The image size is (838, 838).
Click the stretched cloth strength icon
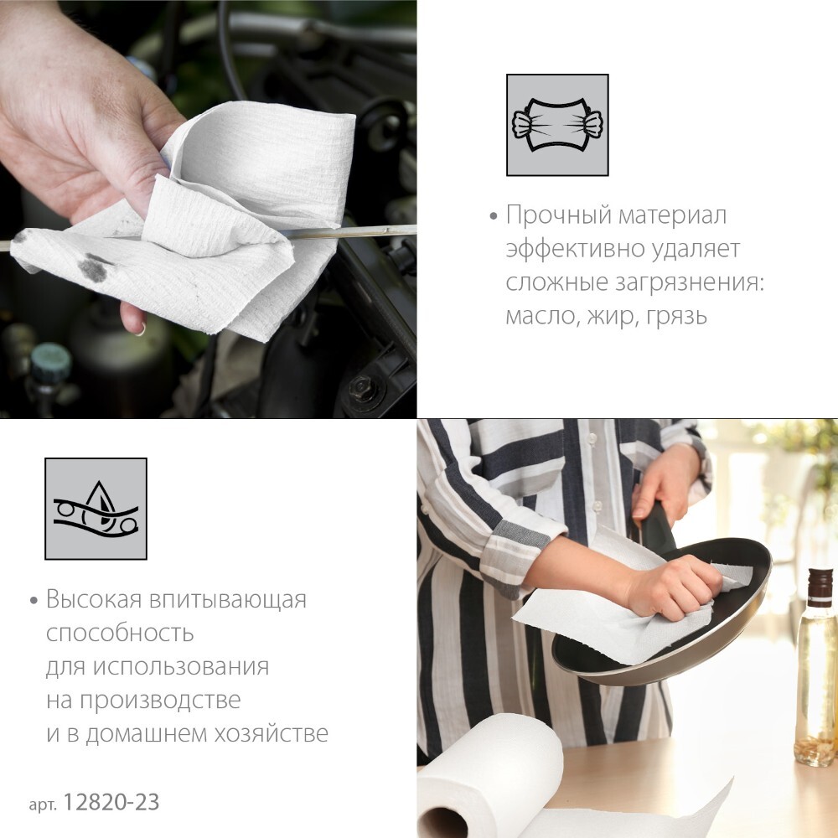[x=557, y=125]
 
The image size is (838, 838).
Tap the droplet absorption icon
[x=96, y=509]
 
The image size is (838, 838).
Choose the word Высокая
[x=94, y=599]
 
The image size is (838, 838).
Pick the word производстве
[x=160, y=700]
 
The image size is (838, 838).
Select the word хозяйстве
[x=272, y=733]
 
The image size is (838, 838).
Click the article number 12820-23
[x=111, y=802]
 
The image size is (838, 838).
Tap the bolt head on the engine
[x=360, y=385]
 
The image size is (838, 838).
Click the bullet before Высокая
[x=34, y=601]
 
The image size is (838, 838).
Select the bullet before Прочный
[x=494, y=217]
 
